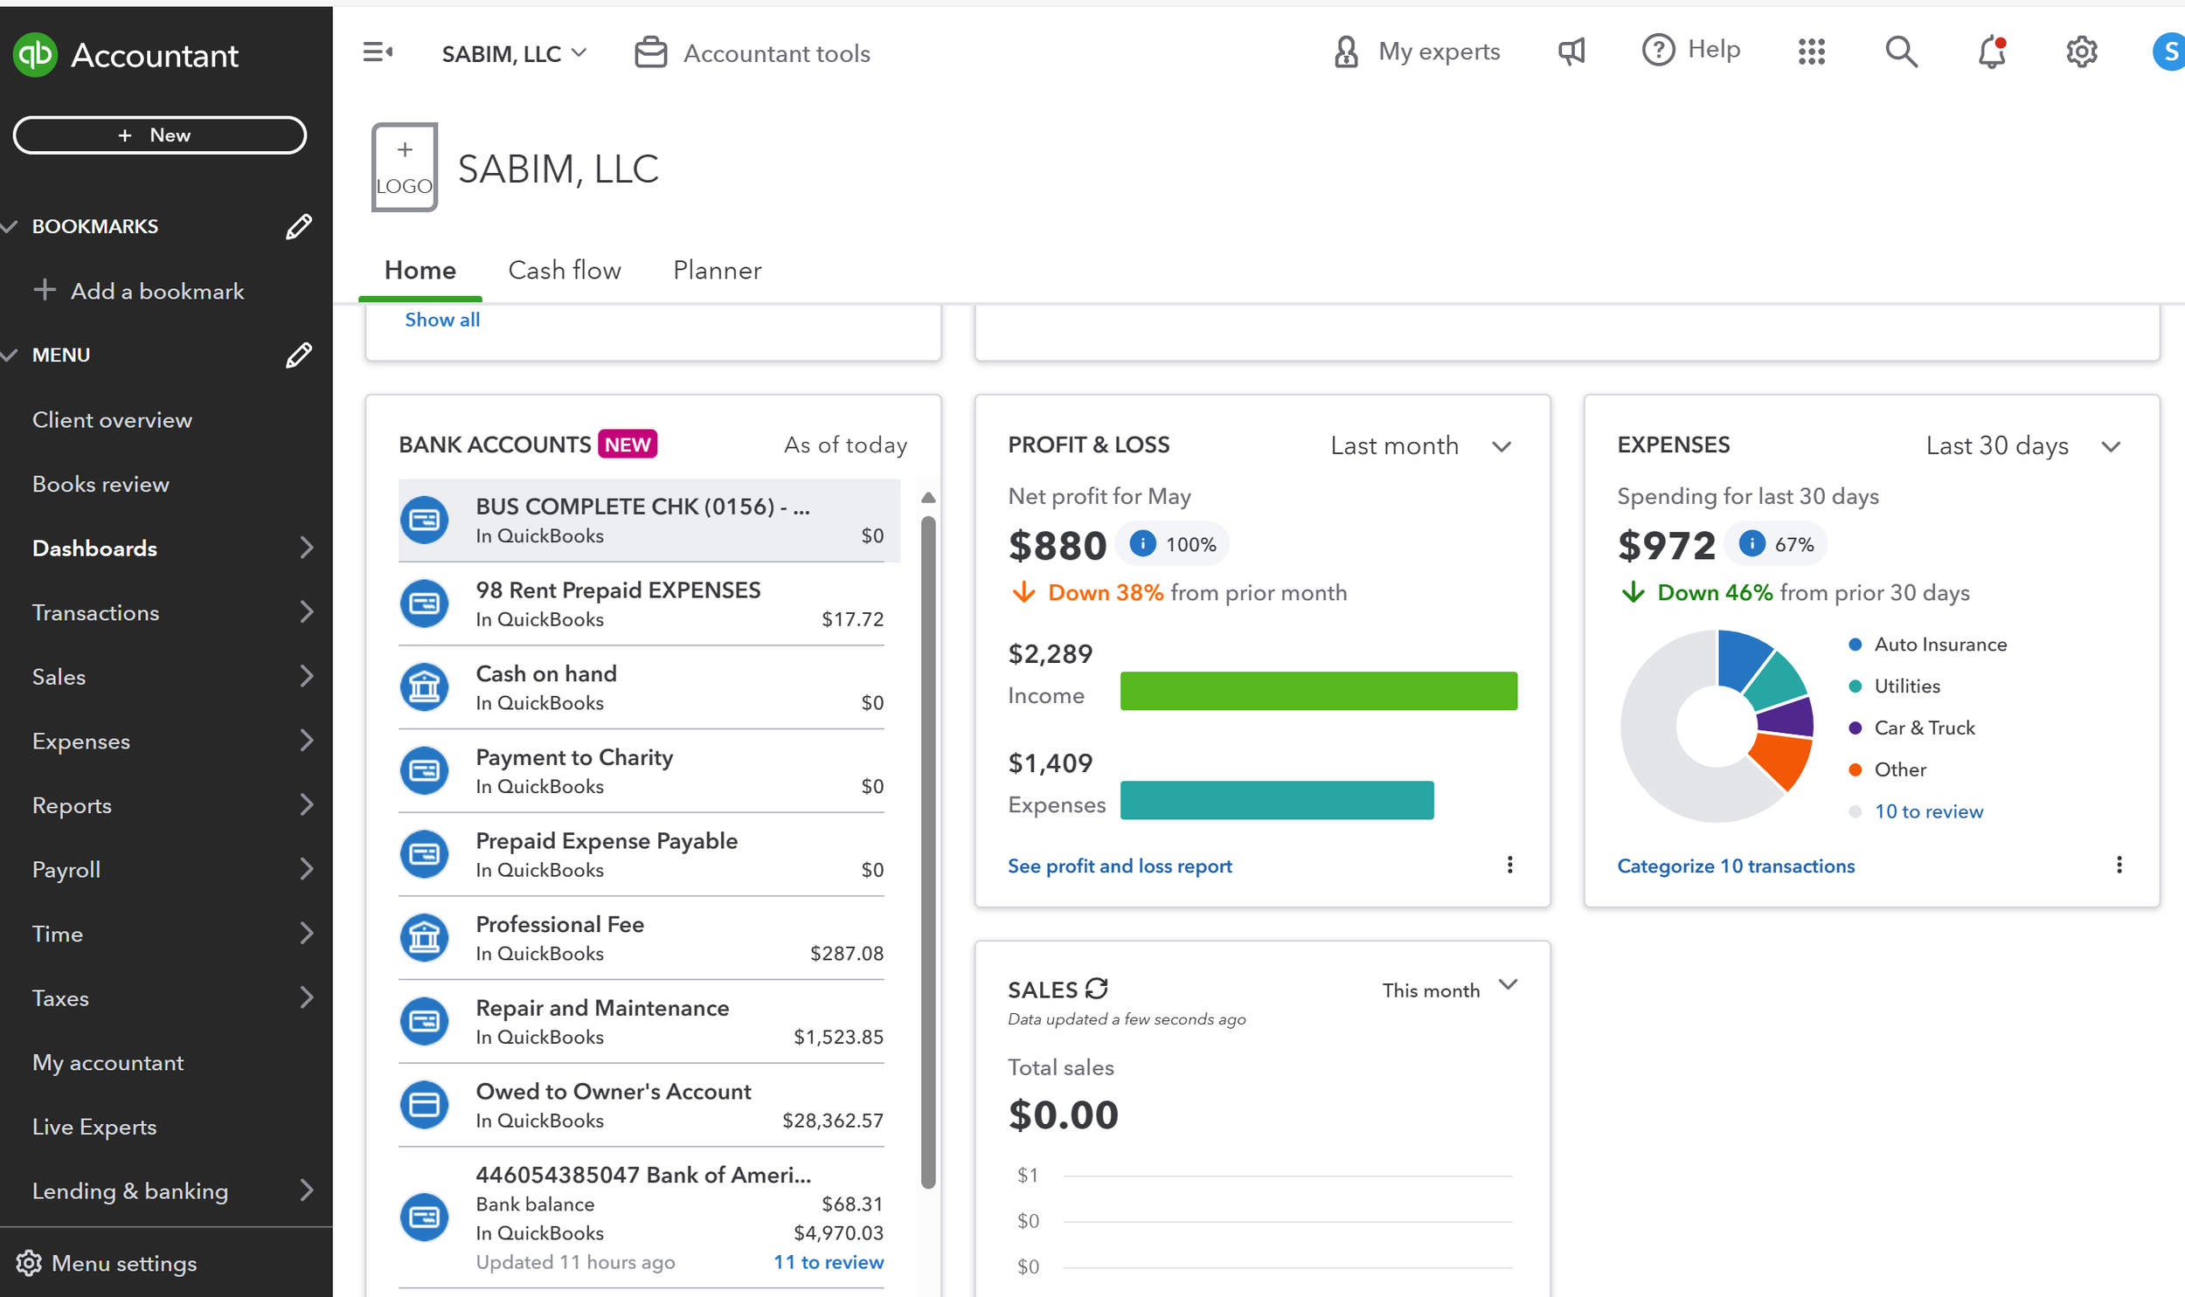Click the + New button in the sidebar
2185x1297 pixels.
(x=159, y=135)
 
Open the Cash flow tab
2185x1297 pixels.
(x=564, y=270)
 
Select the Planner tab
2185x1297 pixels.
(x=717, y=270)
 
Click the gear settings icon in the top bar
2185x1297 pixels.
(x=2081, y=52)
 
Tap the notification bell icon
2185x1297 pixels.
(x=1991, y=52)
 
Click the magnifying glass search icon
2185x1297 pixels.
(x=1901, y=52)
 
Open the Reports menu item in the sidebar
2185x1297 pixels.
(x=72, y=805)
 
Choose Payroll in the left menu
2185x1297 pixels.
(x=66, y=870)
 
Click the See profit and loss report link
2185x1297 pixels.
(x=1120, y=866)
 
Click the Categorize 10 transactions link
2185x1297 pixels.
(x=1735, y=866)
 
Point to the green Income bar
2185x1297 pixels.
(x=1318, y=692)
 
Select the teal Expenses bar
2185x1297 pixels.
(x=1276, y=801)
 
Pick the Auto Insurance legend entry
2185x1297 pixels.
(x=1939, y=644)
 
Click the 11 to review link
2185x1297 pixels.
(x=828, y=1262)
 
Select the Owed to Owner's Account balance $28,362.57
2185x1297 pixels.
(x=831, y=1121)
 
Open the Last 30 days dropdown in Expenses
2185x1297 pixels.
(x=2021, y=445)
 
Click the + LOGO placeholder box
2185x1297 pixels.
(x=404, y=167)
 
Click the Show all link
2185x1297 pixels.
(x=441, y=320)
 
